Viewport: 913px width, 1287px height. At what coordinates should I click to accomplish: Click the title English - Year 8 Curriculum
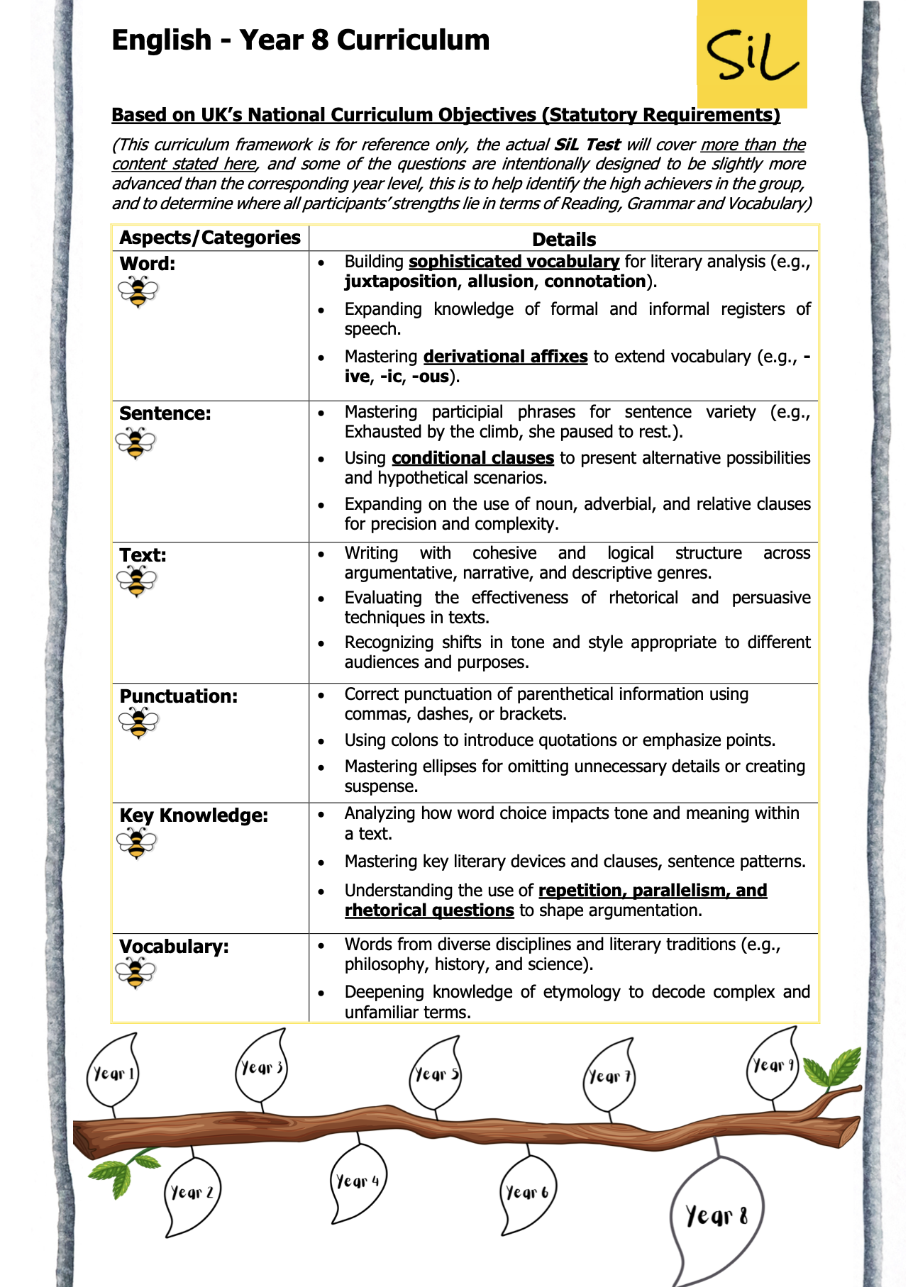301,40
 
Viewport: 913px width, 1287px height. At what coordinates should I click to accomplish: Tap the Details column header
564,239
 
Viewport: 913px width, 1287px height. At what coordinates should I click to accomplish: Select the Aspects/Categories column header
210,238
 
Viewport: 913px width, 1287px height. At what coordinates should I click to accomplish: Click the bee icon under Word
138,291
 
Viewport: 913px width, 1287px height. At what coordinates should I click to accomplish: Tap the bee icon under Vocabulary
135,972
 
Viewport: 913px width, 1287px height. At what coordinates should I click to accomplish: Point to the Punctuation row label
179,696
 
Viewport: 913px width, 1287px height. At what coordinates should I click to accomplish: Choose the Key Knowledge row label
194,815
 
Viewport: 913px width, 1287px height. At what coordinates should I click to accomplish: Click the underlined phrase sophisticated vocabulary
514,262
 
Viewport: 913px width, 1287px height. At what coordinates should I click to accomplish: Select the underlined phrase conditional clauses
472,458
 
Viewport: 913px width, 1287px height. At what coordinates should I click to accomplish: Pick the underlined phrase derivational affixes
505,356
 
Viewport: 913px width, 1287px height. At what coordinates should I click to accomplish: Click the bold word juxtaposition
400,282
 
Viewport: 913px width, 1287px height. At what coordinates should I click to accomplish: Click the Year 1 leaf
113,1073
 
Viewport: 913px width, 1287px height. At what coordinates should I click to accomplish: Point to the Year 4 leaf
358,1181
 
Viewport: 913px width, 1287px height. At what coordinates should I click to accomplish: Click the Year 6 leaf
527,1193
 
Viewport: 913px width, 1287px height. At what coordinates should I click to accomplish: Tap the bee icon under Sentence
135,443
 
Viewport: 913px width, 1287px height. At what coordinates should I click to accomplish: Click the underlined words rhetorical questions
429,910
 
